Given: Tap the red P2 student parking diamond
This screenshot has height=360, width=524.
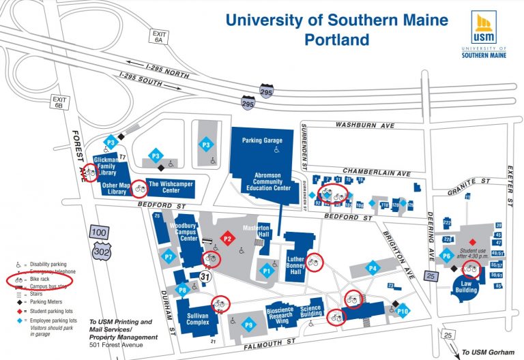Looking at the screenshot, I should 227,239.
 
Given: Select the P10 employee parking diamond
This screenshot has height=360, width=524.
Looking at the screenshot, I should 403,311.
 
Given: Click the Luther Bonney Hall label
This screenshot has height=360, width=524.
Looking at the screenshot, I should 296,266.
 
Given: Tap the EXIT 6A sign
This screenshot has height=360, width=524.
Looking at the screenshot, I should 160,37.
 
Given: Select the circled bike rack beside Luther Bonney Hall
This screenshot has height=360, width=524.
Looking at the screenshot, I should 314,261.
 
